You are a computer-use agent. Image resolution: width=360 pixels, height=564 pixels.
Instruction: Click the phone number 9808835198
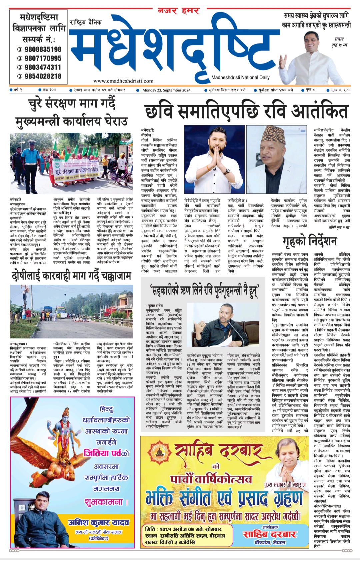43,49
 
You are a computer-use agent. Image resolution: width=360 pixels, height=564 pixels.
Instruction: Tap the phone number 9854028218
43,76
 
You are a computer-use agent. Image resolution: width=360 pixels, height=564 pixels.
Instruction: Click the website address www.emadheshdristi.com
123,81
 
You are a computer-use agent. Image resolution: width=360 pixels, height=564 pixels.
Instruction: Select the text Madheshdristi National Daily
240,77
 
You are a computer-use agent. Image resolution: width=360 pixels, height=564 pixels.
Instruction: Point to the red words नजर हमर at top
179,11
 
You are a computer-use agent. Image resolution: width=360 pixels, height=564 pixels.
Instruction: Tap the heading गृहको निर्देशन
309,241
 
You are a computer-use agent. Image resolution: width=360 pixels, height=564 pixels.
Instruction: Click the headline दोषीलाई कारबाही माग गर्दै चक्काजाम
72,276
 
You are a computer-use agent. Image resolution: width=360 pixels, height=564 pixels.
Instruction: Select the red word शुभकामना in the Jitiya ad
106,502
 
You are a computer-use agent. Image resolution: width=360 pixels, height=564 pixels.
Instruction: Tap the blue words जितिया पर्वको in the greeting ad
106,453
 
